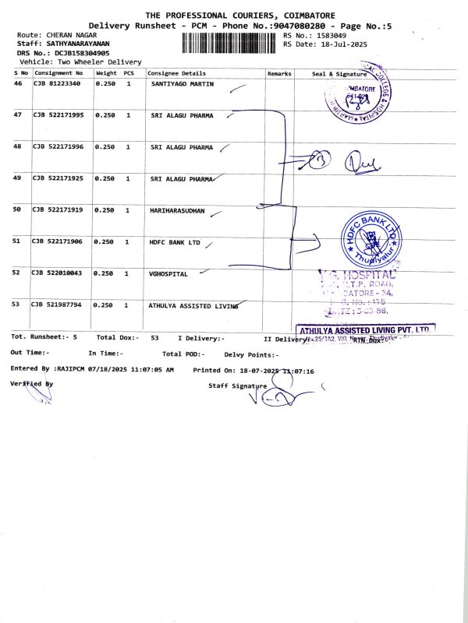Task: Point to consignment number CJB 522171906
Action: [57, 242]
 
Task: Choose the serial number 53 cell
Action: [18, 305]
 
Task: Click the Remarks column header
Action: [279, 72]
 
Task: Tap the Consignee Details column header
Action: [175, 72]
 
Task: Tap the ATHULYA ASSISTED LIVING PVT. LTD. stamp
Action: [363, 331]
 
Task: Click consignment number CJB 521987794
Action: [57, 305]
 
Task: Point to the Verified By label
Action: [32, 384]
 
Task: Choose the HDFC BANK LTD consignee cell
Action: [175, 242]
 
